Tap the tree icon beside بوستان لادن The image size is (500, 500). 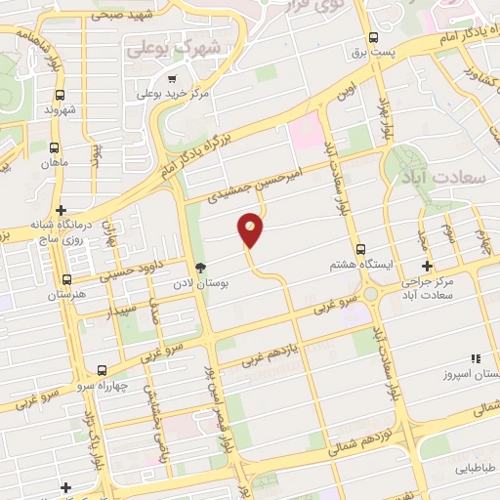point(200,269)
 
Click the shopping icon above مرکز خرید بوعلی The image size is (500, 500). point(172,79)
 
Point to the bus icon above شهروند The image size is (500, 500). point(61,96)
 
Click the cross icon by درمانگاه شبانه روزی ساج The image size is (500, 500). point(61,209)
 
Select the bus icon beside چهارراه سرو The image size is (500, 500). point(103,370)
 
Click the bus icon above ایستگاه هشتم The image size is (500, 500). point(362,248)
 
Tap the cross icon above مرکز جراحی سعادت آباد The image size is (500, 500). point(426,266)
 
